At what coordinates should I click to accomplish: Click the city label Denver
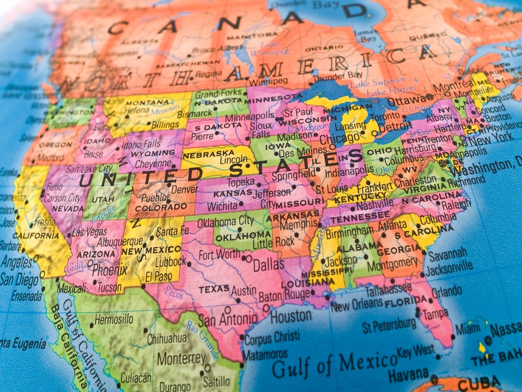[x=184, y=189]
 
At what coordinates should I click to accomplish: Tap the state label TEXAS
[x=214, y=289]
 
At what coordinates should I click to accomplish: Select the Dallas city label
[x=268, y=264]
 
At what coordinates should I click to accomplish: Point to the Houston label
[x=291, y=316]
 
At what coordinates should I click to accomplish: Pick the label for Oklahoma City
[x=225, y=222]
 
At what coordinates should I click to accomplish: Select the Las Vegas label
[x=90, y=232]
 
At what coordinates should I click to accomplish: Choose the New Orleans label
[x=356, y=304]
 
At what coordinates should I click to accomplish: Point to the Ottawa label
[x=407, y=101]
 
